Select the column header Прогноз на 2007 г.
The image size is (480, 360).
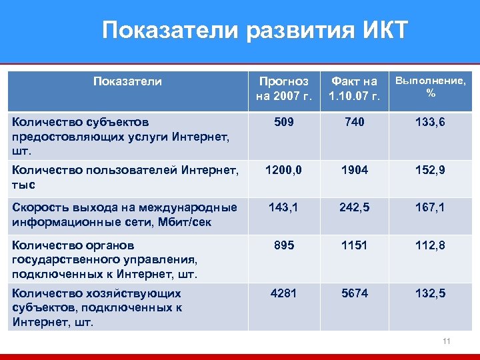[x=283, y=89]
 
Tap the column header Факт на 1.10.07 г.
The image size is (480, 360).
[x=353, y=89]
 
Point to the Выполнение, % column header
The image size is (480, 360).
[x=431, y=87]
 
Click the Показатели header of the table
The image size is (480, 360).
[x=127, y=81]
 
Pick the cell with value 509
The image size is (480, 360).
[x=283, y=123]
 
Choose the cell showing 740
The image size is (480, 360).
[x=353, y=123]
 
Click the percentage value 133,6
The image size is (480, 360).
[x=430, y=123]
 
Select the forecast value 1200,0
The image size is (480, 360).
[x=283, y=171]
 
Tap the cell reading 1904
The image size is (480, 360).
[x=353, y=171]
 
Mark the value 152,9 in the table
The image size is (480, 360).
[x=430, y=171]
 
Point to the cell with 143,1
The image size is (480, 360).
[x=283, y=207]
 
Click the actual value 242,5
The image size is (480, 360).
[x=353, y=207]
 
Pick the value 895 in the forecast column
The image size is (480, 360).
[x=283, y=245]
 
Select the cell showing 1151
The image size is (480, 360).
[x=353, y=245]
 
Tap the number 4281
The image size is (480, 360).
[x=283, y=293]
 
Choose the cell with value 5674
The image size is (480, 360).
[x=353, y=293]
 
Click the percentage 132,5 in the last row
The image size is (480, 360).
[x=430, y=293]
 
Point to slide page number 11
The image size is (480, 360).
[x=447, y=341]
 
